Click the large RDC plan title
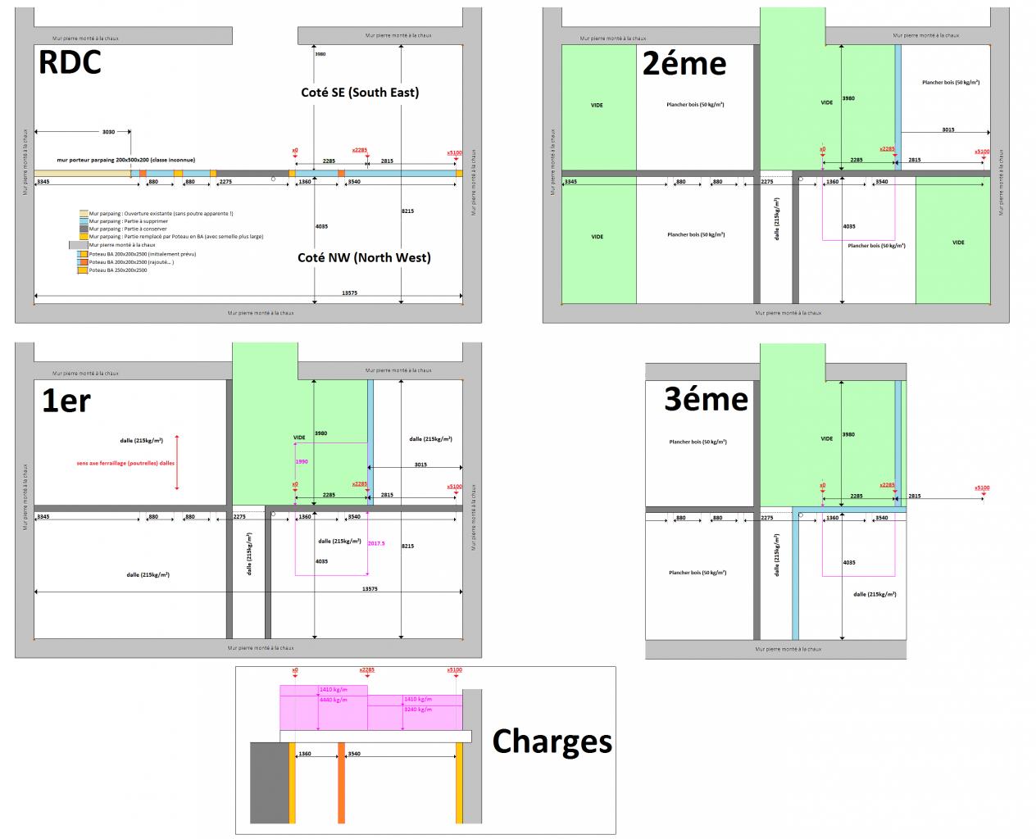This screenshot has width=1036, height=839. coord(70,63)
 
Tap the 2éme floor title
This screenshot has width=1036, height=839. coord(684,63)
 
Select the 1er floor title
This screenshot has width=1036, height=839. coord(66,400)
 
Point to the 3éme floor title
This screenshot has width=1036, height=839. coord(706,399)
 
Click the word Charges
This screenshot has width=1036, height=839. coord(552,741)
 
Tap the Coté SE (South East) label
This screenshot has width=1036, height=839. coord(360,93)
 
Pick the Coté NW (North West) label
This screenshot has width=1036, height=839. coord(364,257)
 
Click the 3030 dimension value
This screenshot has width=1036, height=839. coord(108,131)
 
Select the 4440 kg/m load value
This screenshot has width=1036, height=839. coord(333,700)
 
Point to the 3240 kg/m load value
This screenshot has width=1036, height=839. coord(417,710)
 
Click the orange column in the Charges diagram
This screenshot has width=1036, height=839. coord(342,782)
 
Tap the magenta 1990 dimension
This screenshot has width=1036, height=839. coord(302,462)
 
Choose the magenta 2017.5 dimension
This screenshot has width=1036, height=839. coord(376,543)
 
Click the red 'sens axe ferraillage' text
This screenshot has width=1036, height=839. coord(125,463)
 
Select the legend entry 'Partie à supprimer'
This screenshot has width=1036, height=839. coord(128,221)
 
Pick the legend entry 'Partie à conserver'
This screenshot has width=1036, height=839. coord(128,229)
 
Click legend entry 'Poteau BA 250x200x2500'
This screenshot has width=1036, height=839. coord(118,270)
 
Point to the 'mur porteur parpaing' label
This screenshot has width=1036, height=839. coord(125,161)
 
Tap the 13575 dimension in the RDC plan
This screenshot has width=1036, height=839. coord(349,293)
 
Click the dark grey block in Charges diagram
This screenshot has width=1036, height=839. coord(270,782)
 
